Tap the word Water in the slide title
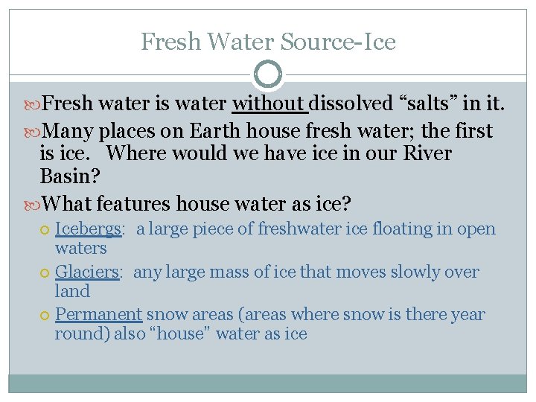tap(238, 42)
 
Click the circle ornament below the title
tap(268, 75)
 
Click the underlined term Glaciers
tap(87, 272)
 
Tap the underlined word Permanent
tap(98, 315)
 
